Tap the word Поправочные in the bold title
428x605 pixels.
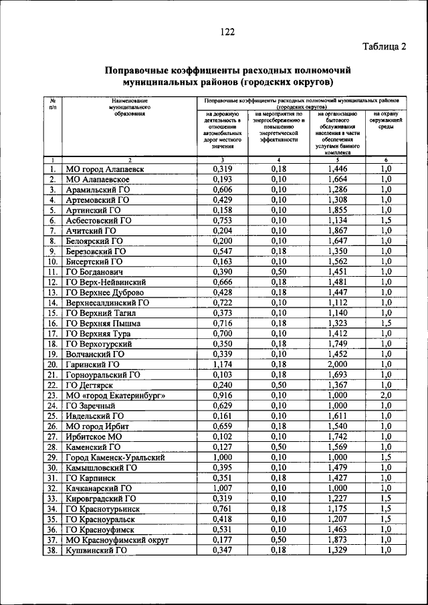click(138, 70)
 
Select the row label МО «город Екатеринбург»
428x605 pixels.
click(114, 395)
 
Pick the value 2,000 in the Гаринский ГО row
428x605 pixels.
click(338, 364)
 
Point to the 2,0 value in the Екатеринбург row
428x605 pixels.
click(386, 395)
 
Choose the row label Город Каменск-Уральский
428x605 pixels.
click(114, 457)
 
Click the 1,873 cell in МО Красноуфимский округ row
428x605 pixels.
click(338, 539)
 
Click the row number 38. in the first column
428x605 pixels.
click(51, 550)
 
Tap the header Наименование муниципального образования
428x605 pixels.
click(130, 107)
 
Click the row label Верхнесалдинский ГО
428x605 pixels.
click(107, 302)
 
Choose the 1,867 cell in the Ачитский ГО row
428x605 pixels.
click(338, 231)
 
